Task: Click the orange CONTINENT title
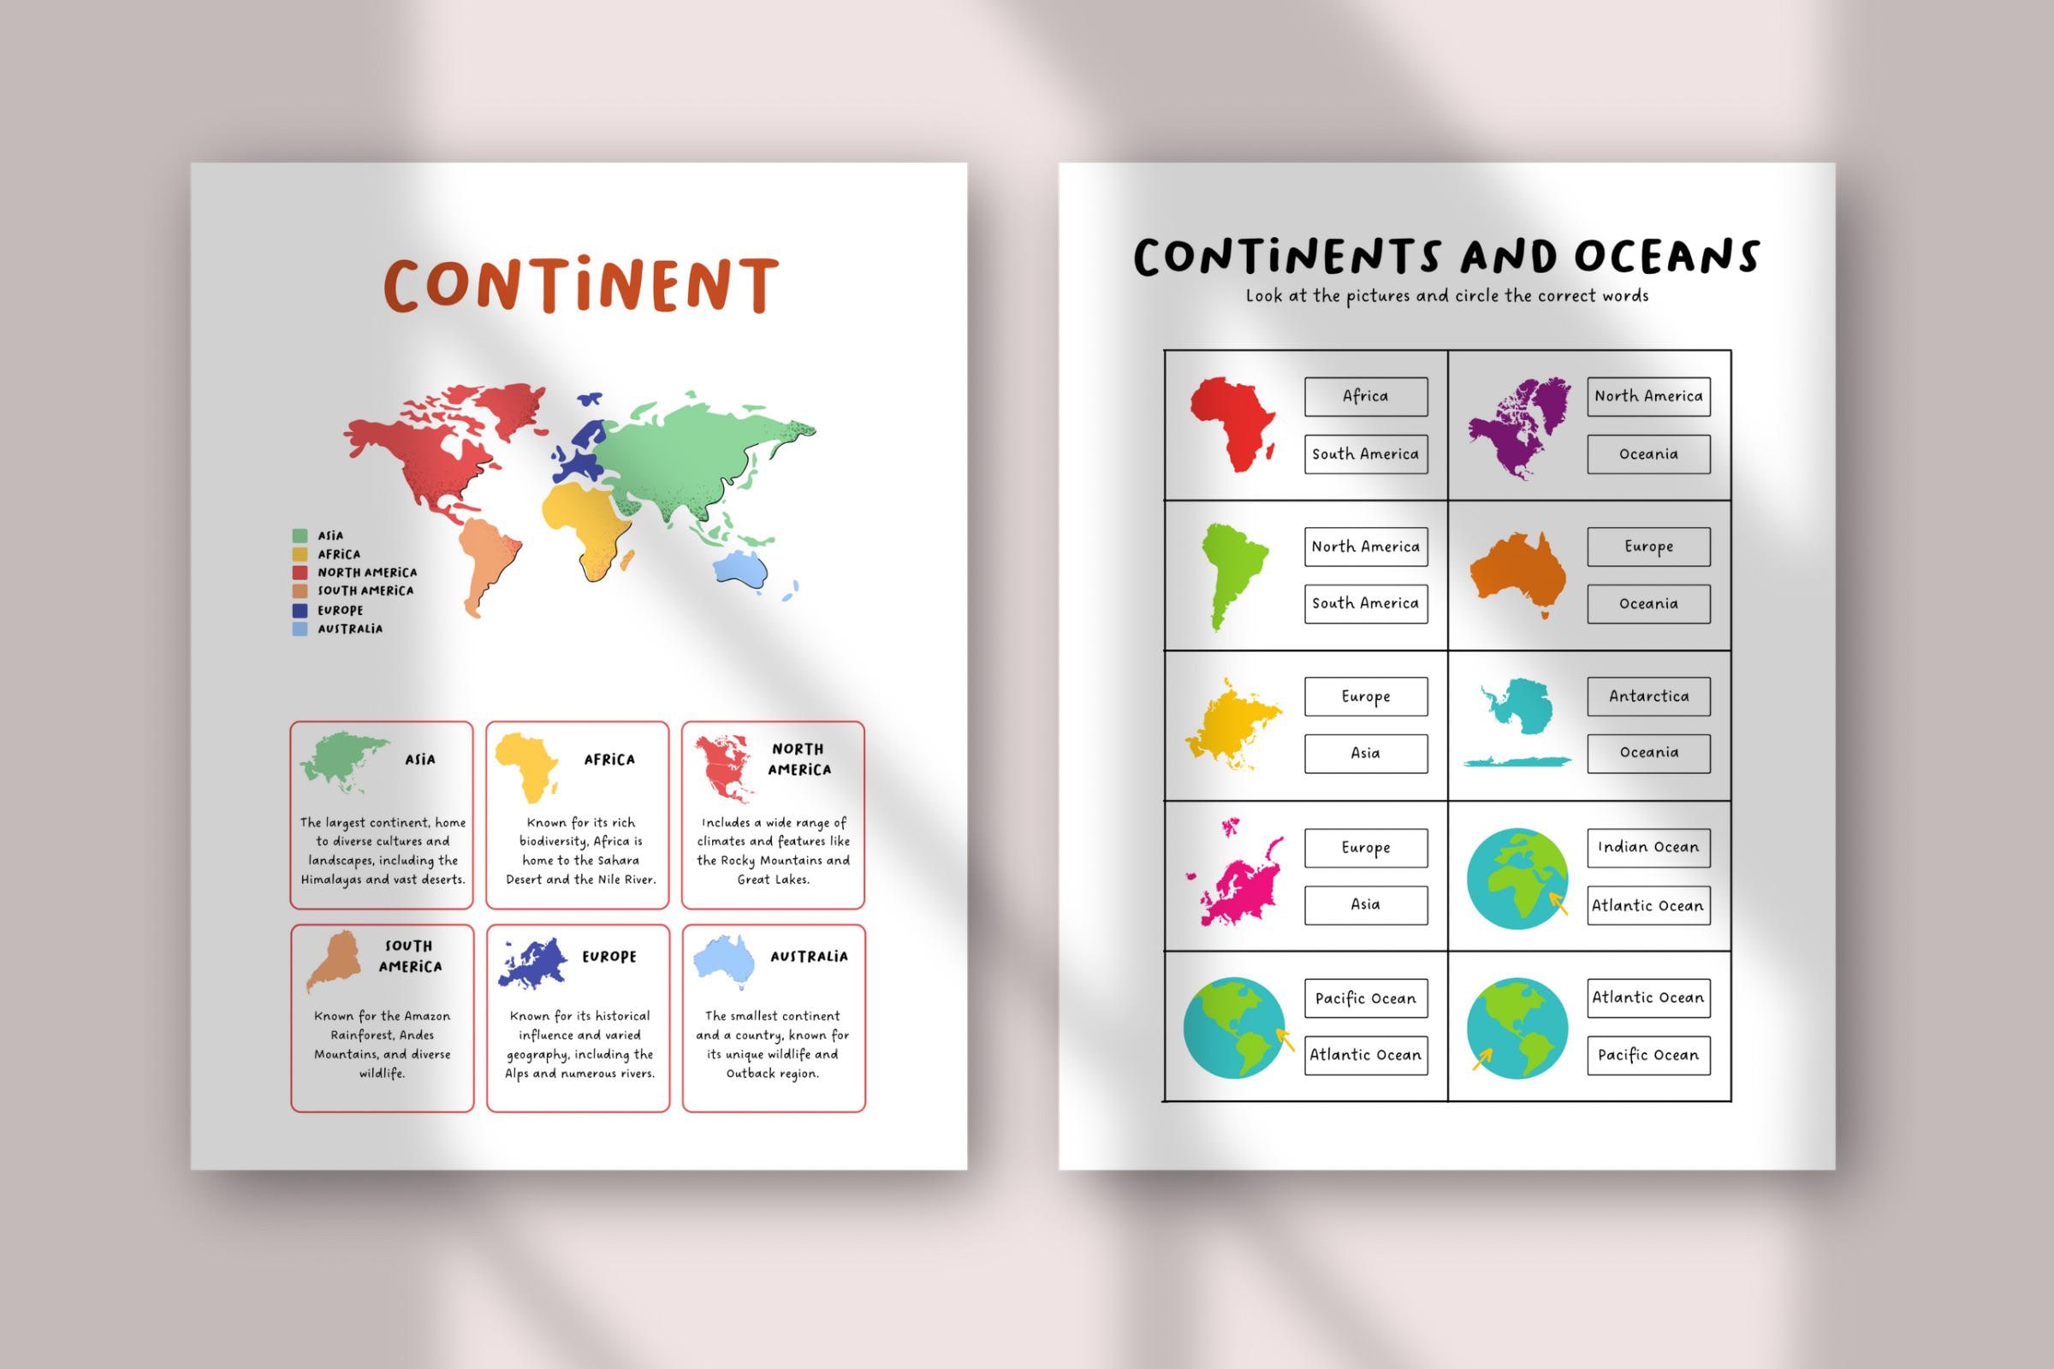coord(580,285)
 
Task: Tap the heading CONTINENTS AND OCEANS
coord(1446,257)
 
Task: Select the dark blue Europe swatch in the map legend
coord(300,610)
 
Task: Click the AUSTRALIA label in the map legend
coord(349,629)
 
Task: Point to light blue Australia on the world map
coord(741,568)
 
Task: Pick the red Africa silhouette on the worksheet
coord(1232,425)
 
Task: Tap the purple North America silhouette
coord(1517,426)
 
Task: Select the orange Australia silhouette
coord(1517,573)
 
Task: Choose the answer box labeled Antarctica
coord(1648,696)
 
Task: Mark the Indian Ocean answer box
coord(1648,847)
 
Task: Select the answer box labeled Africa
coord(1365,396)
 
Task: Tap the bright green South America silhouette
coord(1232,573)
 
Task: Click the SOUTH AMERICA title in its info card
coord(410,956)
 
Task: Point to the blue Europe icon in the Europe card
coord(532,963)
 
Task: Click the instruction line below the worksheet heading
coord(1446,296)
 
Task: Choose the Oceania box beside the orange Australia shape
coord(1648,603)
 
